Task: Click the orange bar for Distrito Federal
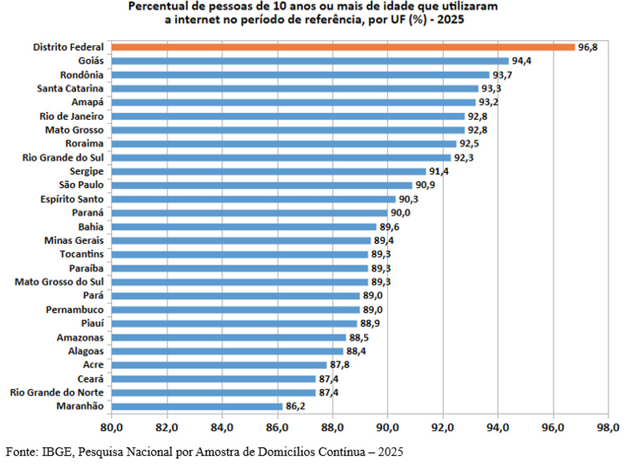pyautogui.click(x=343, y=47)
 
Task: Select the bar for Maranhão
pyautogui.click(x=197, y=406)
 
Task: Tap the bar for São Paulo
pyautogui.click(x=262, y=185)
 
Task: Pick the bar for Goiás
pyautogui.click(x=310, y=61)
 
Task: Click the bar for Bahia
pyautogui.click(x=244, y=227)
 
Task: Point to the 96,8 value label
pyautogui.click(x=588, y=47)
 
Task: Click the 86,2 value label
pyautogui.click(x=295, y=406)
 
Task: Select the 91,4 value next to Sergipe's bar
pyautogui.click(x=439, y=172)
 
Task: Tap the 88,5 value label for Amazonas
pyautogui.click(x=359, y=337)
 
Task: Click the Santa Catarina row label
pyautogui.click(x=70, y=88)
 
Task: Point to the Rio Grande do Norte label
pyautogui.click(x=57, y=392)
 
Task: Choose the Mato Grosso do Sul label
pyautogui.click(x=59, y=282)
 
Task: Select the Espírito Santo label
pyautogui.click(x=72, y=199)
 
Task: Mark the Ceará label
pyautogui.click(x=90, y=379)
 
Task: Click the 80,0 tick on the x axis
pyautogui.click(x=111, y=428)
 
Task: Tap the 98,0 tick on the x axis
pyautogui.click(x=608, y=428)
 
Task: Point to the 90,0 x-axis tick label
pyautogui.click(x=387, y=428)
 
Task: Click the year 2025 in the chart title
pyautogui.click(x=451, y=20)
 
